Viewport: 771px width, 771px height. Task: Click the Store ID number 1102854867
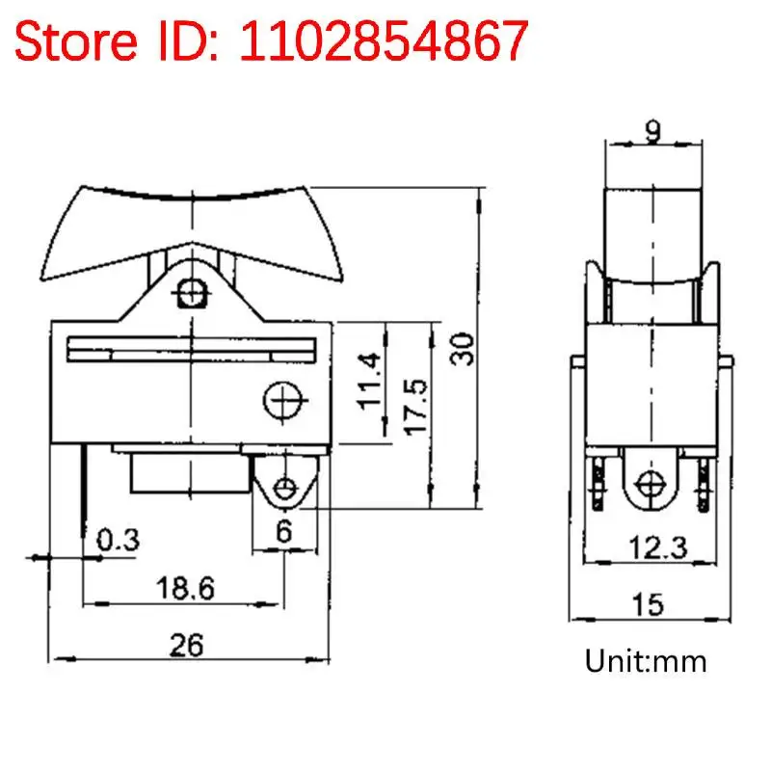click(x=385, y=40)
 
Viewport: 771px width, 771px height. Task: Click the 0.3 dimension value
click(x=118, y=541)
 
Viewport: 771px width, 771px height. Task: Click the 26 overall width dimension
click(x=189, y=645)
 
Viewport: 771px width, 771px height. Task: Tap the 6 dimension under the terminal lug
click(x=283, y=531)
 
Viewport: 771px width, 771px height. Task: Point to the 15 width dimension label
click(x=649, y=604)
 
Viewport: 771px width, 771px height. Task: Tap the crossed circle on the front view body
click(x=283, y=398)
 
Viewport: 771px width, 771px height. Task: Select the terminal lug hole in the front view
click(x=283, y=488)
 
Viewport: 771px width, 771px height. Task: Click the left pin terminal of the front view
click(x=84, y=487)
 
